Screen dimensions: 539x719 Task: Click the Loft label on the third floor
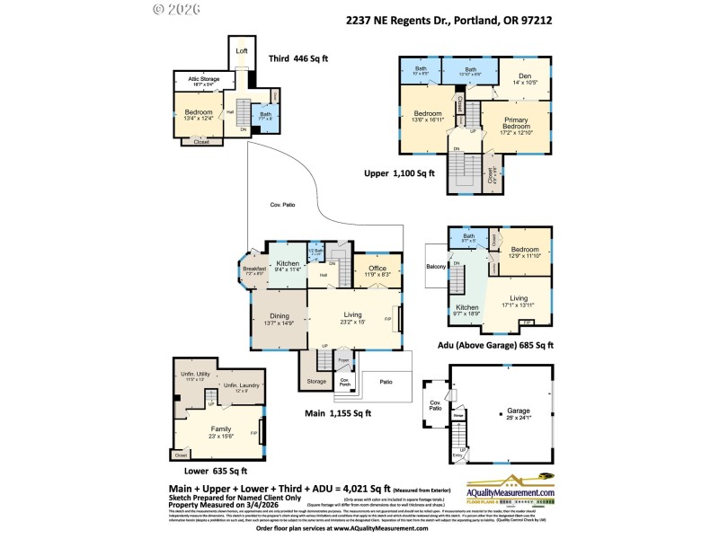click(241, 51)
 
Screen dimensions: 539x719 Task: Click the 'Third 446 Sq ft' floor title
click(298, 58)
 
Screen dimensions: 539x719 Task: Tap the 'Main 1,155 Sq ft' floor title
click(337, 414)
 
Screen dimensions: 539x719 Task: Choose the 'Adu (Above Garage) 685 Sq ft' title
click(495, 344)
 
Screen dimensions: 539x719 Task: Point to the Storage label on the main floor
click(315, 381)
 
